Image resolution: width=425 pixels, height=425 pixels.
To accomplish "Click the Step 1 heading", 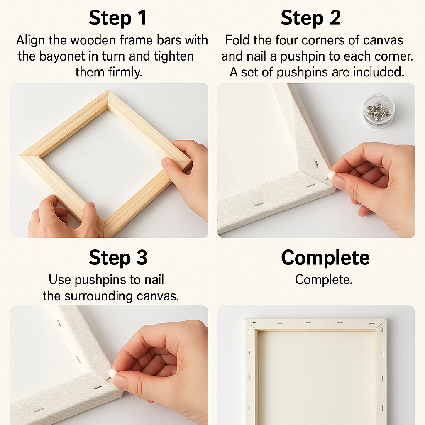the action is [118, 18].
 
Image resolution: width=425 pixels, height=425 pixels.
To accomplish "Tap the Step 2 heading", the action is [310, 18].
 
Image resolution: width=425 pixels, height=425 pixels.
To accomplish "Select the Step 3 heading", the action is [118, 257].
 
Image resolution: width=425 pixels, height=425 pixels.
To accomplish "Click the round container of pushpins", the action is [379, 111].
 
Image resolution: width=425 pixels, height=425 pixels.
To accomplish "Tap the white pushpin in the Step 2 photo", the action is [330, 175].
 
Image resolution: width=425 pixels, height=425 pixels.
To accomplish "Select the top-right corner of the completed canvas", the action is [386, 319].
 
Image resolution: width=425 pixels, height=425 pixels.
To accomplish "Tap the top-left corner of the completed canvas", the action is [245, 319].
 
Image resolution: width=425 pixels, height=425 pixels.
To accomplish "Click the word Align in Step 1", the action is [30, 41].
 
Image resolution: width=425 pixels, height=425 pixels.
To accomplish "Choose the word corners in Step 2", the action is [323, 40].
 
